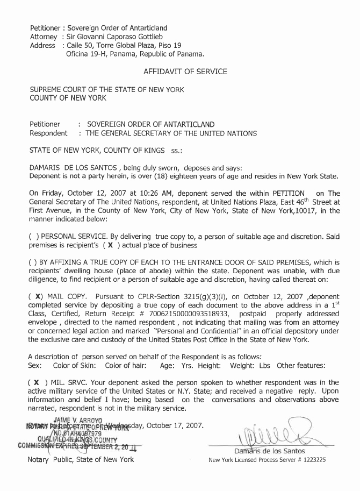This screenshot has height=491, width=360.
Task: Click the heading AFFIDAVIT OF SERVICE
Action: (x=185, y=72)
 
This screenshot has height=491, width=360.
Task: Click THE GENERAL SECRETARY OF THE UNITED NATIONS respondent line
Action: (x=172, y=133)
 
